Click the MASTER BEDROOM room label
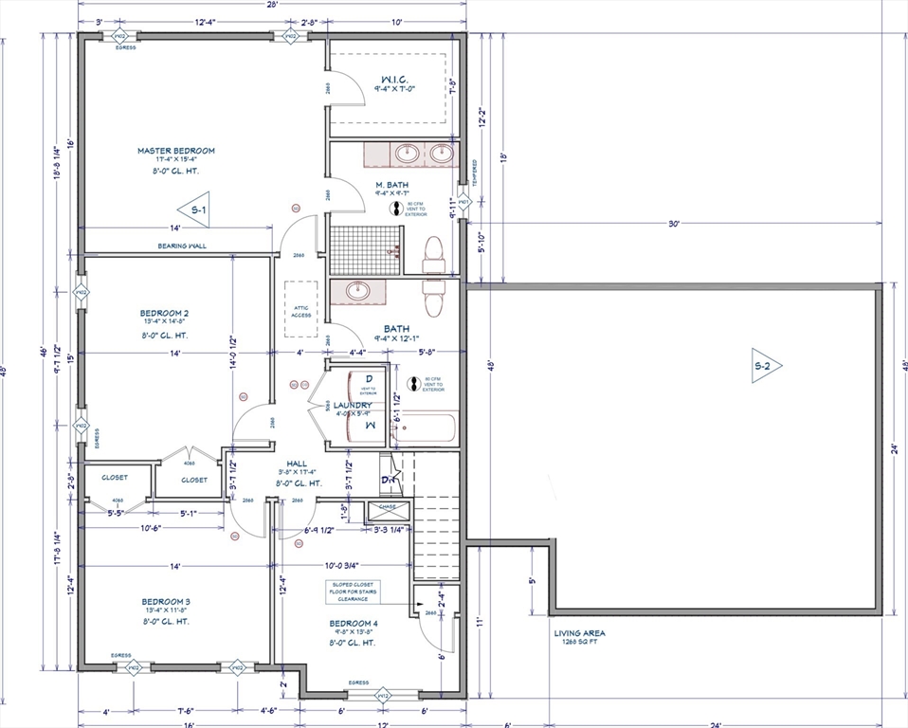tap(175, 151)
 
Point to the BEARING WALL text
tap(182, 246)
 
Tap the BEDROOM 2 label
tap(165, 313)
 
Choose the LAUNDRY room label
tap(353, 406)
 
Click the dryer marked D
tap(369, 381)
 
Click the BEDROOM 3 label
tap(166, 601)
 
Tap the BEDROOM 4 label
tap(354, 623)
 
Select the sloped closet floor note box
tap(354, 591)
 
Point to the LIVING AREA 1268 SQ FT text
tap(580, 637)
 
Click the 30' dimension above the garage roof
tap(674, 224)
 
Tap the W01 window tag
tap(463, 202)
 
